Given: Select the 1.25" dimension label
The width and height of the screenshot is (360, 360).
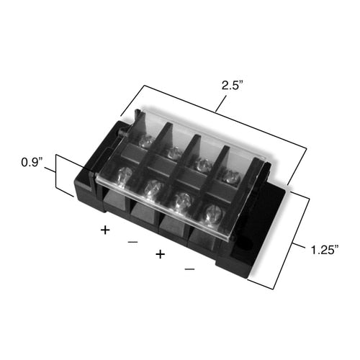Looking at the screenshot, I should [327, 251].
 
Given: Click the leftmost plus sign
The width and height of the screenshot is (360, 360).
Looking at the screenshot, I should [105, 230].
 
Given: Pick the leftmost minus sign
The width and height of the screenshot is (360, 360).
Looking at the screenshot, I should [132, 243].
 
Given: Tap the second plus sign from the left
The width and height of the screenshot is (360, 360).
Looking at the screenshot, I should [160, 255].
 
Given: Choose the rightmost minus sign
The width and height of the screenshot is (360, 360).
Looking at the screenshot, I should [189, 269].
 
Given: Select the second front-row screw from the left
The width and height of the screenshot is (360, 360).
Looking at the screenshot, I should [153, 189].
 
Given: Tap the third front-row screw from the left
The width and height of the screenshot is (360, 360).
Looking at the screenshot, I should [182, 201].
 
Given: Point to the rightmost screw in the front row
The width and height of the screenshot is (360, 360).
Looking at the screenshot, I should [212, 214].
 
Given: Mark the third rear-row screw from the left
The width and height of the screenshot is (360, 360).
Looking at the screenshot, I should [203, 163].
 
